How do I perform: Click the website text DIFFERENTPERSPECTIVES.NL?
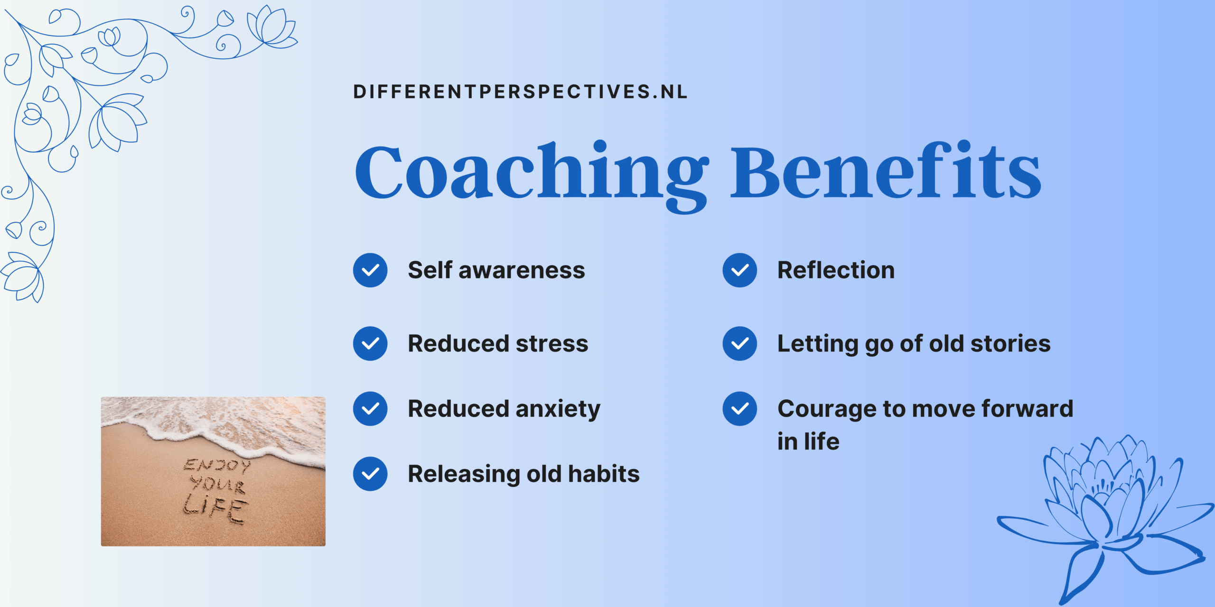click(520, 92)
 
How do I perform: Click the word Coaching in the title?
click(532, 175)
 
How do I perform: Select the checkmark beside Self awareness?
click(370, 270)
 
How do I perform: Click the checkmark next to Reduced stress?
click(370, 343)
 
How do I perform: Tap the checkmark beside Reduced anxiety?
click(370, 408)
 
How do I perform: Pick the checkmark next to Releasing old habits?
click(370, 474)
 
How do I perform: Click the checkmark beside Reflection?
click(740, 270)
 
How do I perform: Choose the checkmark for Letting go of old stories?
click(740, 343)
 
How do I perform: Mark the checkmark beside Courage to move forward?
click(740, 408)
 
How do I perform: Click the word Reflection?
click(836, 270)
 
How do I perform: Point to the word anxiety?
click(558, 410)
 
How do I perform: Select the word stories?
click(1010, 343)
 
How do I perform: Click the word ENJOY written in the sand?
click(217, 465)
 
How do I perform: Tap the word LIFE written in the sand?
click(216, 508)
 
